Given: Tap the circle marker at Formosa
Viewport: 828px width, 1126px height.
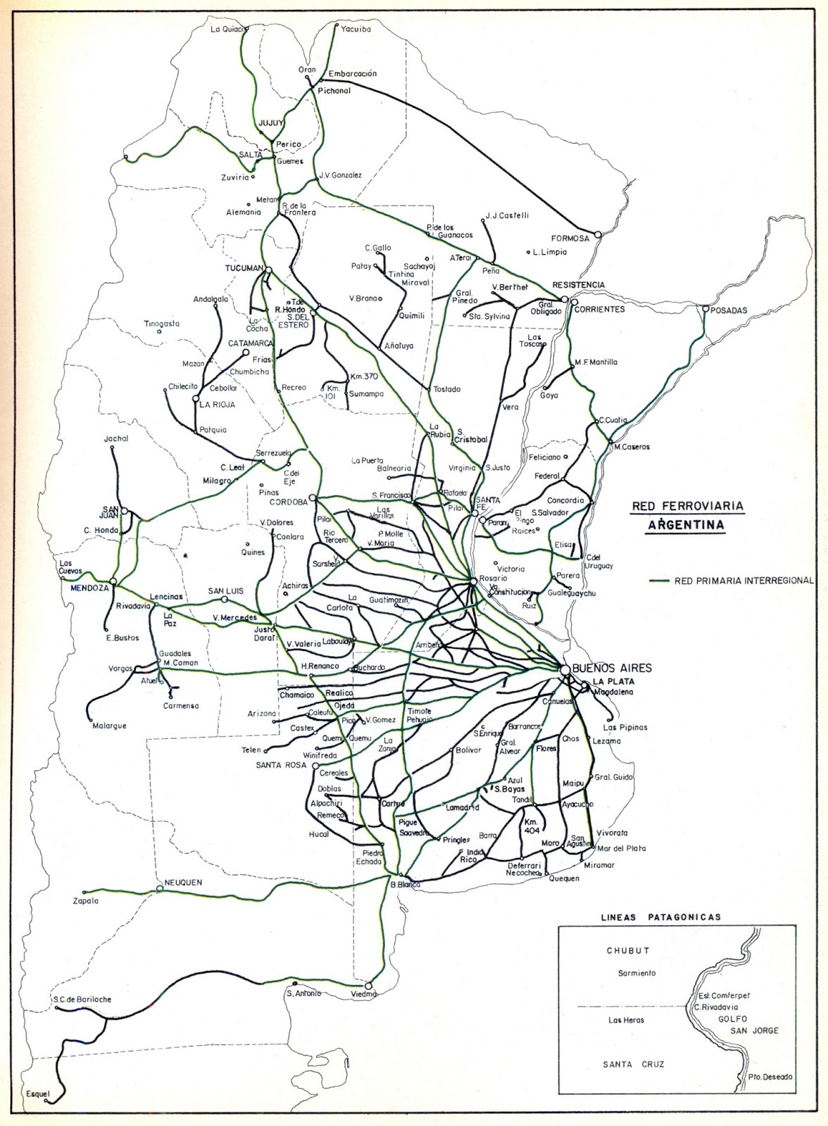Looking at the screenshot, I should [597, 234].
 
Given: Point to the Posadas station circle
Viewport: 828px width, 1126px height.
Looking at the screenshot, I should [705, 309].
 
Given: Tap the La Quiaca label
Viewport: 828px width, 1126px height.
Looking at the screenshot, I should [227, 29].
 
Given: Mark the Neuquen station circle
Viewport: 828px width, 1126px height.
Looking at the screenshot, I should [160, 889].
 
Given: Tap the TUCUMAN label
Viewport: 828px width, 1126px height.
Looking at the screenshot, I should [243, 269].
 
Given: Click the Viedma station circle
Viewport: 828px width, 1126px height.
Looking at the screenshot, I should [368, 986].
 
